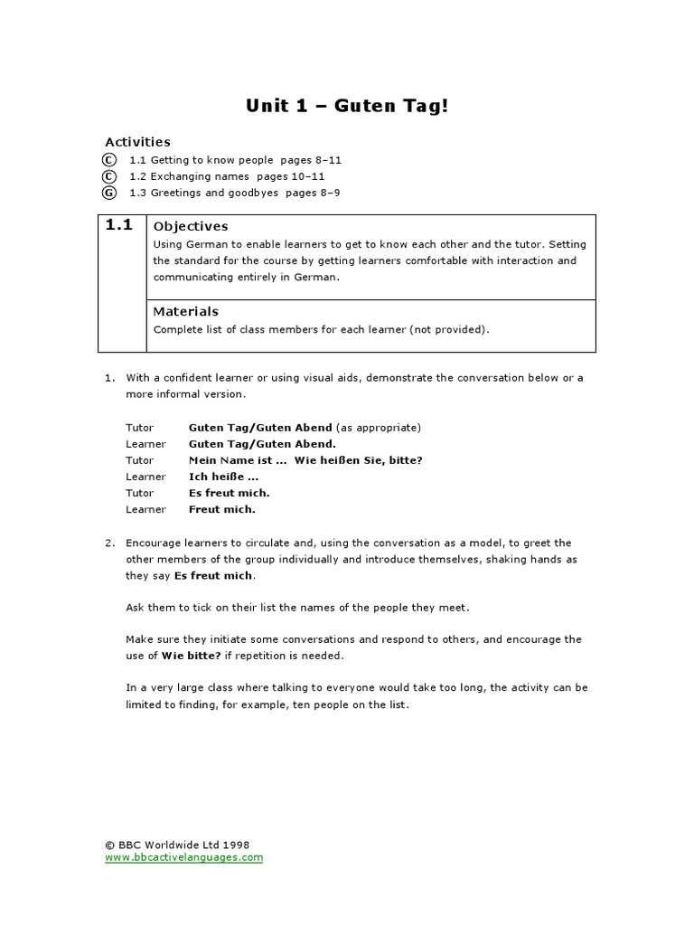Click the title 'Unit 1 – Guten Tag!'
(x=346, y=106)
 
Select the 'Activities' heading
(x=137, y=142)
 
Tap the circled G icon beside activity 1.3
(x=109, y=193)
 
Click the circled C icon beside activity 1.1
(x=109, y=160)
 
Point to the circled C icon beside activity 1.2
(x=109, y=176)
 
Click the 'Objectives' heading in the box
(x=191, y=226)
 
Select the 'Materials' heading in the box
(x=186, y=312)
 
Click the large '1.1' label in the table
(x=119, y=225)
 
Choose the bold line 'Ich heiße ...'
(x=223, y=477)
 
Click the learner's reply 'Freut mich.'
(x=222, y=509)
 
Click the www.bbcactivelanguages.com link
(x=183, y=857)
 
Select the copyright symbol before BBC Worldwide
(x=109, y=845)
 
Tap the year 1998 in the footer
(x=234, y=845)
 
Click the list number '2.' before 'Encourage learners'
(x=109, y=543)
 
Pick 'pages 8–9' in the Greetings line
(x=313, y=193)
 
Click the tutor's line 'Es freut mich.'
(x=230, y=493)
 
